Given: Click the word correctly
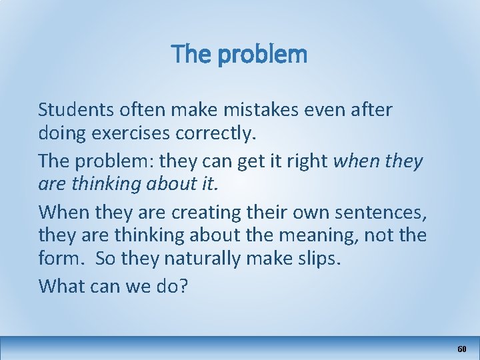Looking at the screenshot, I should (216, 134).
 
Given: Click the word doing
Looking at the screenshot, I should (63, 134).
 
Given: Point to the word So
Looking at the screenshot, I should (106, 259).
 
